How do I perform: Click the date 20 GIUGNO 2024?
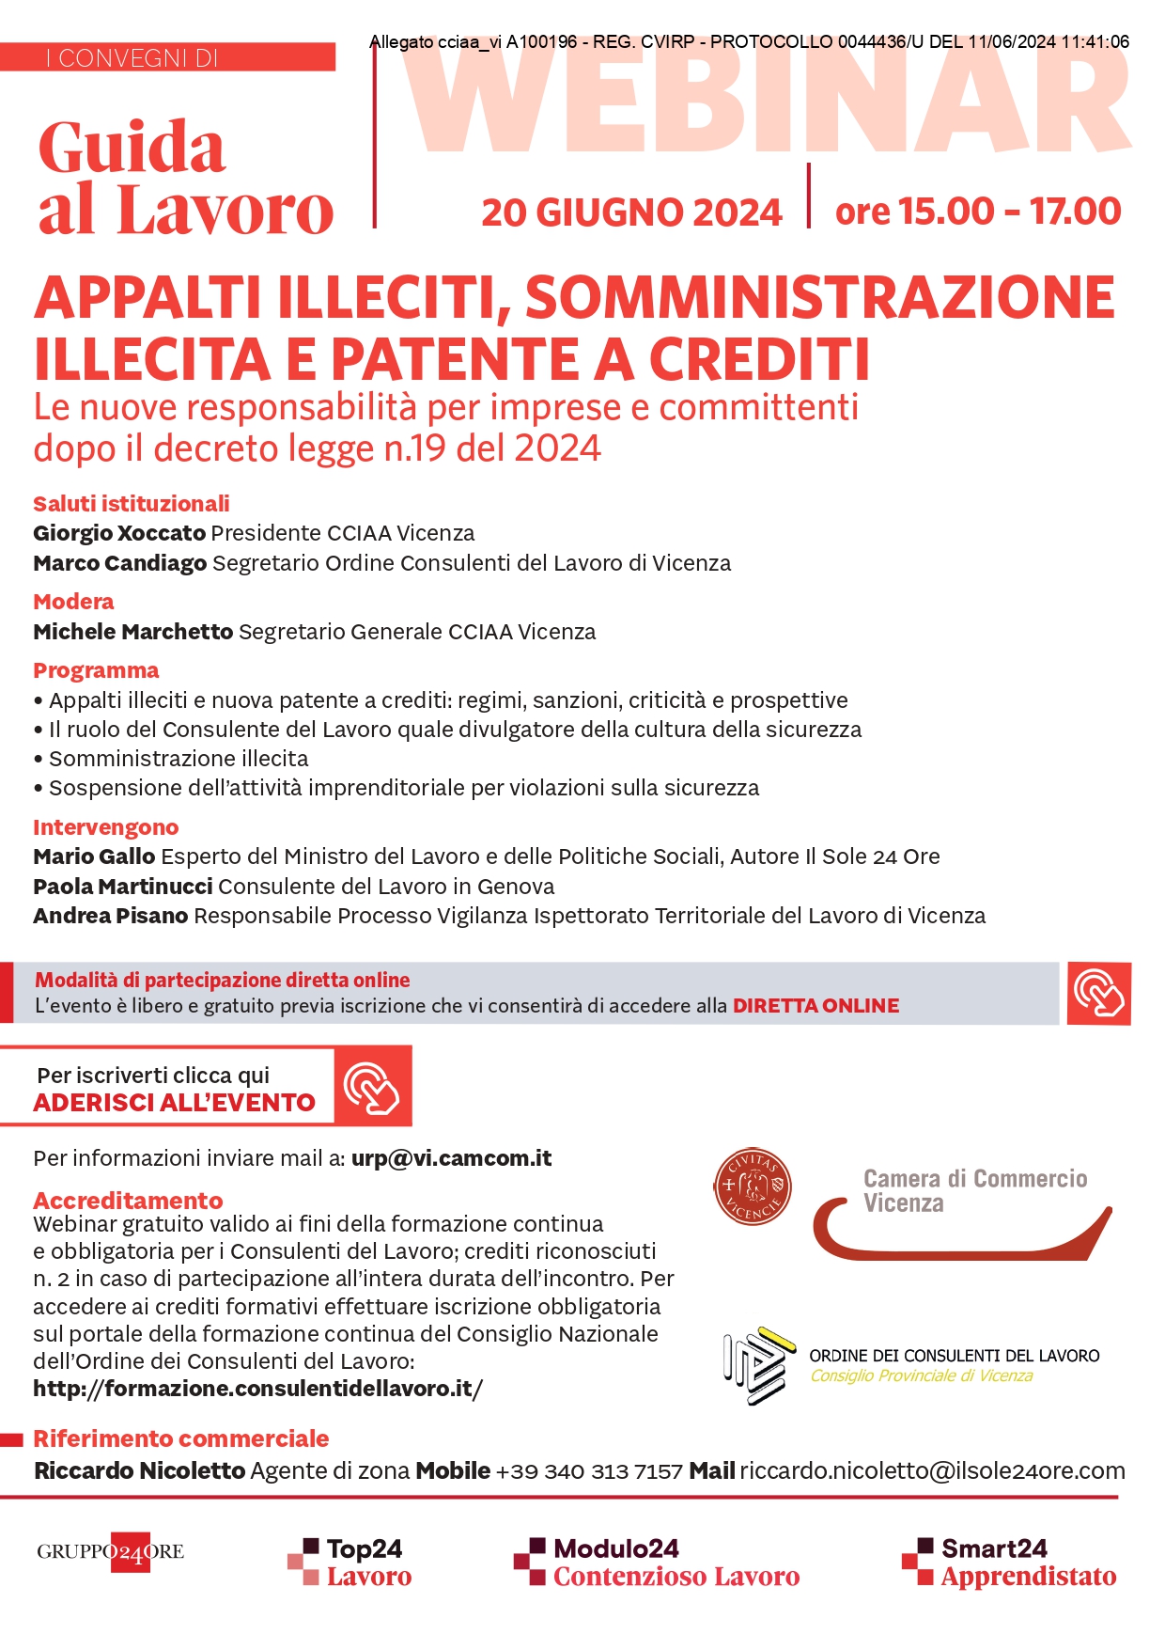tap(631, 212)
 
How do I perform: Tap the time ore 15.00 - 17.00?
tap(977, 212)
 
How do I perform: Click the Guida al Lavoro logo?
tap(185, 178)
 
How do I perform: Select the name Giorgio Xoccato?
tap(119, 533)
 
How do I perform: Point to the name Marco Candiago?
tap(119, 563)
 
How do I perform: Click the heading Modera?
tap(73, 602)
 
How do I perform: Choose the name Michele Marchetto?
tap(132, 632)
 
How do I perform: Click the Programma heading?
tap(96, 670)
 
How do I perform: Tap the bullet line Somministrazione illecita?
tap(179, 759)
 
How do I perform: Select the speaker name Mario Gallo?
tap(94, 856)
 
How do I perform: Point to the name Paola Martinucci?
tap(122, 887)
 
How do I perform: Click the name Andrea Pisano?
tap(111, 916)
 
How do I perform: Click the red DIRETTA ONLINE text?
tap(815, 1006)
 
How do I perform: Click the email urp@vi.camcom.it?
tap(451, 1158)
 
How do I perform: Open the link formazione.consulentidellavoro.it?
tap(257, 1389)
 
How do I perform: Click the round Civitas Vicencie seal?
tap(753, 1186)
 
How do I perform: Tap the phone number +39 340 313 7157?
tap(589, 1471)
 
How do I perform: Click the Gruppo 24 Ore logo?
tap(111, 1552)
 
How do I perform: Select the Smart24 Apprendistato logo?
tap(1009, 1563)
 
